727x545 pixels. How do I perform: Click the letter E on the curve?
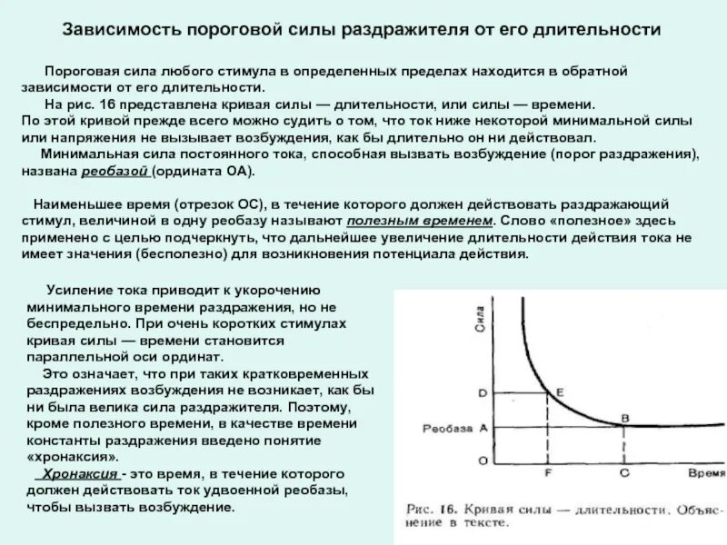[560, 391]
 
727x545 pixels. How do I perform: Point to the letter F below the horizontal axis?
[548, 472]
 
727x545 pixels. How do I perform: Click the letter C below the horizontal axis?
[622, 472]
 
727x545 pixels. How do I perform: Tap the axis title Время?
[706, 474]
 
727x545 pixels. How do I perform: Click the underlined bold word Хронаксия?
[75, 475]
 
